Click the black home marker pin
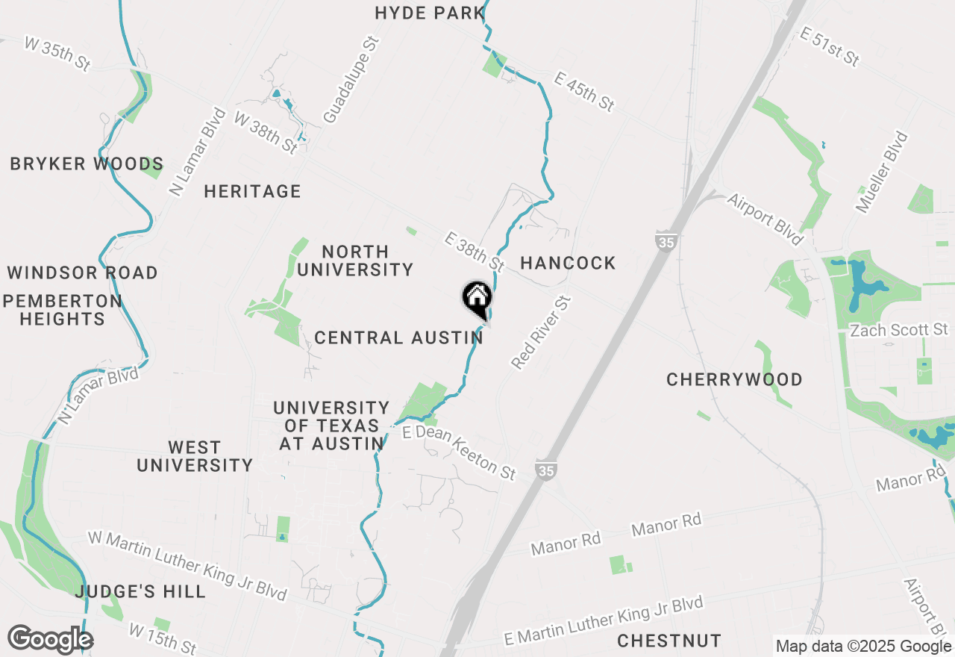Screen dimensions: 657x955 (x=477, y=299)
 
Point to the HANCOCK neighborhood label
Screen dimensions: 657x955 (x=568, y=263)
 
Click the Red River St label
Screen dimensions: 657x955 (x=542, y=332)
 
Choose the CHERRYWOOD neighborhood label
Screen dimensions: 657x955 (x=734, y=379)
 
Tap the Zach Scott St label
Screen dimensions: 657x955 (x=898, y=330)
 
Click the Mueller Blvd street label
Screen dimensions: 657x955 (x=882, y=172)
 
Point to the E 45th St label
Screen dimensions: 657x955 (x=584, y=92)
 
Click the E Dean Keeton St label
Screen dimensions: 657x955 (x=459, y=452)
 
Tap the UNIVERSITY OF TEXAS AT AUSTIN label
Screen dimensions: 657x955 (x=331, y=426)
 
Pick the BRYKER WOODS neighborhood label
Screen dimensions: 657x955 (x=87, y=164)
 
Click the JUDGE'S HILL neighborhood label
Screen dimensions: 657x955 (x=140, y=592)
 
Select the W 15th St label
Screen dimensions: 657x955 (x=162, y=638)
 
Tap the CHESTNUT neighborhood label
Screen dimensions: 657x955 (x=669, y=641)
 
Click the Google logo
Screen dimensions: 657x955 (x=50, y=640)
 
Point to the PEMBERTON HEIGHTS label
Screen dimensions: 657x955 (x=63, y=310)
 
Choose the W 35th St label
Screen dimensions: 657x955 (x=57, y=54)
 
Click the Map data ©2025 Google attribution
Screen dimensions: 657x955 (x=864, y=647)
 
